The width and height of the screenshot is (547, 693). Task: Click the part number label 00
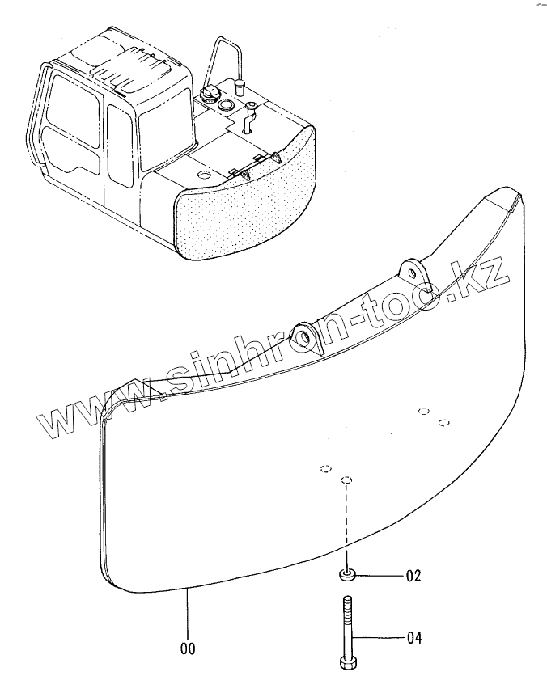point(187,648)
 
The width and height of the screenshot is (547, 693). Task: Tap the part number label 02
point(413,577)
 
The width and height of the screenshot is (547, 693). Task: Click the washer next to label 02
point(348,575)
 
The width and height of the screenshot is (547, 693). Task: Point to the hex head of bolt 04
point(349,662)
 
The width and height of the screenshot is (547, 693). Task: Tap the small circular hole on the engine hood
point(203,175)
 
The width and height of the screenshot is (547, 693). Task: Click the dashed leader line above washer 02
point(347,526)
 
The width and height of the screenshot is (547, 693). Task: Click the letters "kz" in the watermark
point(486,275)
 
